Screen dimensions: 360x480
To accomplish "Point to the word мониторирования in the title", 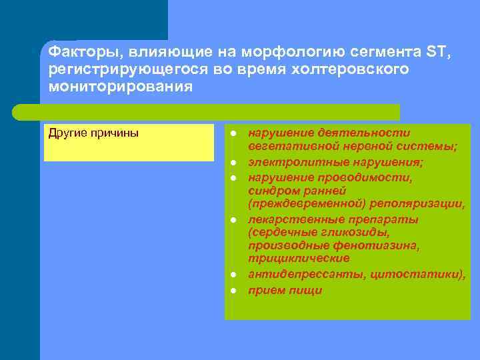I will point(121,87).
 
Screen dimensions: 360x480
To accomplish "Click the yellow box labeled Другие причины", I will point(129,142).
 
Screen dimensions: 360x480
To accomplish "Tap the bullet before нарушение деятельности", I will point(234,133).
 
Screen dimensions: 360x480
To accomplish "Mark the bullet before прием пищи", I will point(234,291).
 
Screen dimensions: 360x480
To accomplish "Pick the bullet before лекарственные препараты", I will point(234,219).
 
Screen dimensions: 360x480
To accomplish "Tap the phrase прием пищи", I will point(285,290).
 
